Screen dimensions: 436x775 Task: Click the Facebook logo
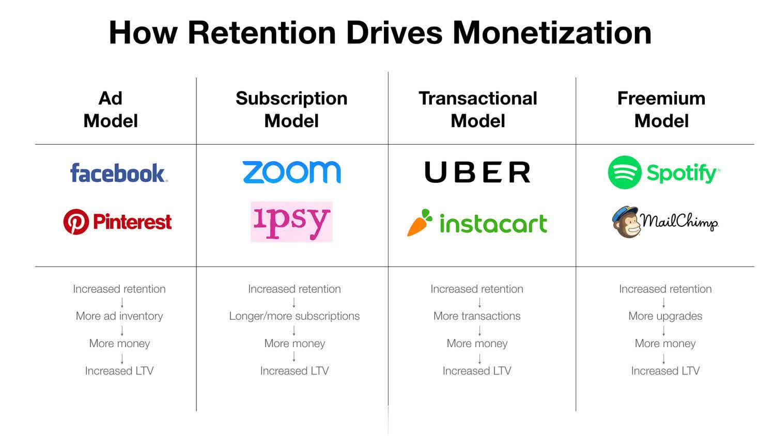pyautogui.click(x=118, y=173)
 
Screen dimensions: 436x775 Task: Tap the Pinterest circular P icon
pyautogui.click(x=76, y=222)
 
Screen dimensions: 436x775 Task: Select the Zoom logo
pyautogui.click(x=291, y=172)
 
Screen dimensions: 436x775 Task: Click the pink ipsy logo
pyautogui.click(x=291, y=222)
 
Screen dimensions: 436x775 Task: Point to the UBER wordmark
pyautogui.click(x=477, y=172)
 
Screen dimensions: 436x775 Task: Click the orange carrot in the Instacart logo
pyautogui.click(x=419, y=223)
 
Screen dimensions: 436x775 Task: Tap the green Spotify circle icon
pyautogui.click(x=625, y=173)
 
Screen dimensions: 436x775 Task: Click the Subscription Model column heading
pyautogui.click(x=291, y=110)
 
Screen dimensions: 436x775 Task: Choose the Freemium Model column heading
pyautogui.click(x=661, y=110)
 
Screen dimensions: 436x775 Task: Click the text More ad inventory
pyautogui.click(x=119, y=316)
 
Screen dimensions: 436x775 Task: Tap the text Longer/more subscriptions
pyautogui.click(x=295, y=316)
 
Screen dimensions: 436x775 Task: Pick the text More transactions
pyautogui.click(x=477, y=316)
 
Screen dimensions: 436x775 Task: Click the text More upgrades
pyautogui.click(x=665, y=316)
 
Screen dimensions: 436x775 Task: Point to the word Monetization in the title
pyautogui.click(x=552, y=33)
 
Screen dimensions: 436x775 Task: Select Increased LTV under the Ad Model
pyautogui.click(x=119, y=371)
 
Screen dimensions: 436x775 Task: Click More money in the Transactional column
pyautogui.click(x=477, y=344)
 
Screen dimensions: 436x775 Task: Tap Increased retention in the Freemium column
pyautogui.click(x=665, y=289)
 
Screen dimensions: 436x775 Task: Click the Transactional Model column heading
pyautogui.click(x=478, y=110)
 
